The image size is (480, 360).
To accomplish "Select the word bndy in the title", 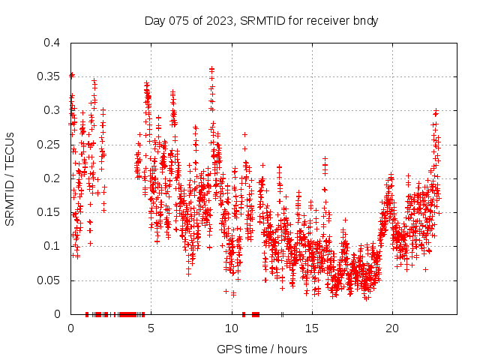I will click(x=366, y=20).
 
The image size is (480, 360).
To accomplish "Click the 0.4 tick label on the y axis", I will click(x=51, y=43).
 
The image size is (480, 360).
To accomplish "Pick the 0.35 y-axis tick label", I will click(x=48, y=76).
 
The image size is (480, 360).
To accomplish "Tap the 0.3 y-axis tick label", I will click(x=51, y=110).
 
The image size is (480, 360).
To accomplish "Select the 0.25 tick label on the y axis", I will click(x=48, y=145).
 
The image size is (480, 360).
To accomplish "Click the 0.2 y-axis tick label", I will click(x=51, y=178).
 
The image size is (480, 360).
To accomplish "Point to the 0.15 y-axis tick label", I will click(x=48, y=212).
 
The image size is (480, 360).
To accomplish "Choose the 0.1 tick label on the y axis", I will click(x=51, y=246).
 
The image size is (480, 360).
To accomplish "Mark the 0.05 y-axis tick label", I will click(x=48, y=280).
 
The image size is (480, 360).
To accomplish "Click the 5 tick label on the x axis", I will click(x=151, y=328).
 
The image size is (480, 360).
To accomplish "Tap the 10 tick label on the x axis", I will click(x=231, y=328).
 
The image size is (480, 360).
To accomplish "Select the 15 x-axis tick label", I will click(x=311, y=328).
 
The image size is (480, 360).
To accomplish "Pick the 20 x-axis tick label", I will click(x=391, y=328).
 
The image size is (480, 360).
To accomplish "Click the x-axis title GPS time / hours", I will click(x=262, y=349).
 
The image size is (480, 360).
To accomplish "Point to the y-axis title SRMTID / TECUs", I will click(x=10, y=178).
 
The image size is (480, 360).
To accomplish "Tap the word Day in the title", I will click(x=155, y=20).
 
